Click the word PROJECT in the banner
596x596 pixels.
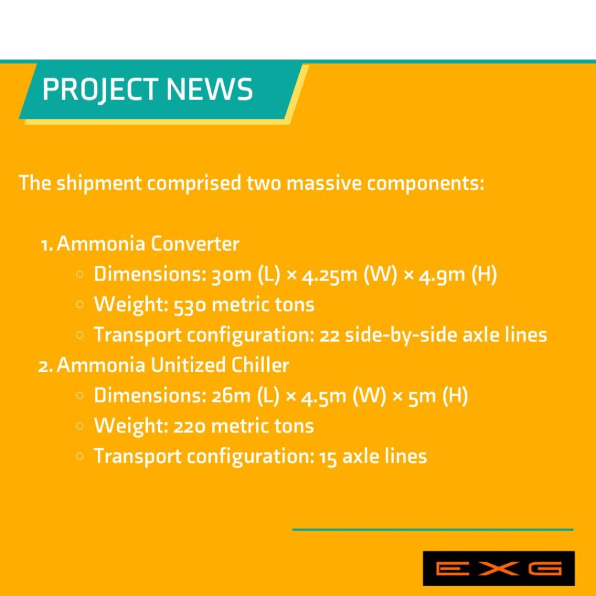click(100, 90)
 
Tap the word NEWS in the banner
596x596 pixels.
click(210, 89)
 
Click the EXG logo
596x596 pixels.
click(499, 568)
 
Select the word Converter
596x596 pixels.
click(194, 243)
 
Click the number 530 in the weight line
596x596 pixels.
click(190, 305)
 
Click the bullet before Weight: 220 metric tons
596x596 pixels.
click(79, 427)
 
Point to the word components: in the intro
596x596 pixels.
click(425, 184)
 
